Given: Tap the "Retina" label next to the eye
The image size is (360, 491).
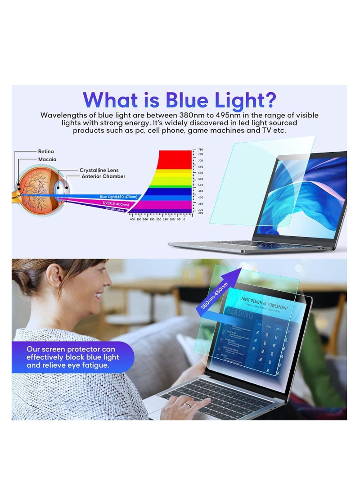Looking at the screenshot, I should tap(46, 152).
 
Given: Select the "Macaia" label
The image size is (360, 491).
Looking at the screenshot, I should tap(47, 159).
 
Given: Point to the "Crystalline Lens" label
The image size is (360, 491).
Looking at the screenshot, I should tap(99, 170).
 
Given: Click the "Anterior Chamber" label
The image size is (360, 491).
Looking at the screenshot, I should tap(103, 176).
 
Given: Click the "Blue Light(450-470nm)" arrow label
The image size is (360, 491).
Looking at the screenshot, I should tap(119, 197).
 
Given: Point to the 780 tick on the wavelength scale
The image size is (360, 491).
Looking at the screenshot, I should tap(200, 149).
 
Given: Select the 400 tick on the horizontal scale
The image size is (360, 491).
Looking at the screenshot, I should tap(131, 219).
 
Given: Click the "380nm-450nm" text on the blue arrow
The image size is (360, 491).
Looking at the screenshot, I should tap(215, 295).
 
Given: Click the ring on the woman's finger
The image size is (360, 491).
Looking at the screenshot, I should tap(189, 405).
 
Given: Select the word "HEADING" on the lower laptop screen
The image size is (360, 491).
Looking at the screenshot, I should tap(240, 314).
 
